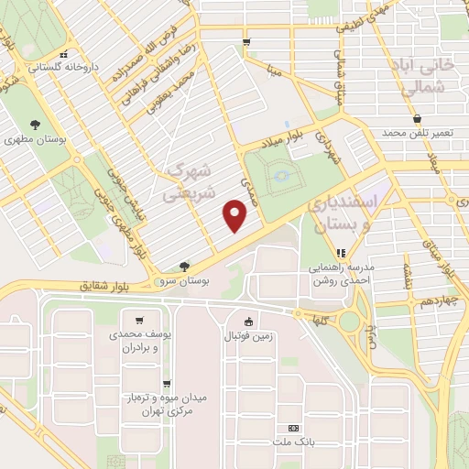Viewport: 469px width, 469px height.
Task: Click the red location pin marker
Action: tap(236, 216)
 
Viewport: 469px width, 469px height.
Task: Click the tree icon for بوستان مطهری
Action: tap(34, 124)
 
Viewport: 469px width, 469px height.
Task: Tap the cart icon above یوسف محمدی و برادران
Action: tap(138, 321)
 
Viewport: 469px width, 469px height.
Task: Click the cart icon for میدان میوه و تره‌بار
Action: tap(165, 384)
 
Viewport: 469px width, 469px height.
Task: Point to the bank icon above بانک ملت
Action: tap(293, 428)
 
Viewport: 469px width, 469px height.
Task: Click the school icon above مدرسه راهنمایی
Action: tap(340, 252)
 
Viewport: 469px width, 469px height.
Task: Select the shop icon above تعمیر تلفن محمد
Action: tap(418, 118)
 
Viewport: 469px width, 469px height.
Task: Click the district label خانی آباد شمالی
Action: tap(431, 77)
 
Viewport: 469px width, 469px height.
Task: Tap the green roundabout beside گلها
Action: tap(349, 322)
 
